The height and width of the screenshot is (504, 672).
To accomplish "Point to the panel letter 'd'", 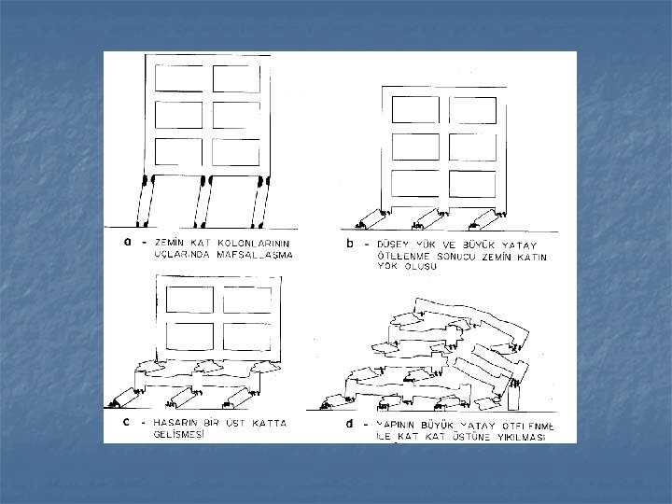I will (348, 425).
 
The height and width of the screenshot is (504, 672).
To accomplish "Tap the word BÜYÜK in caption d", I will (445, 426).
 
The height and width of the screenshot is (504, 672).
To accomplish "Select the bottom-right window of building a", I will (235, 150).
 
